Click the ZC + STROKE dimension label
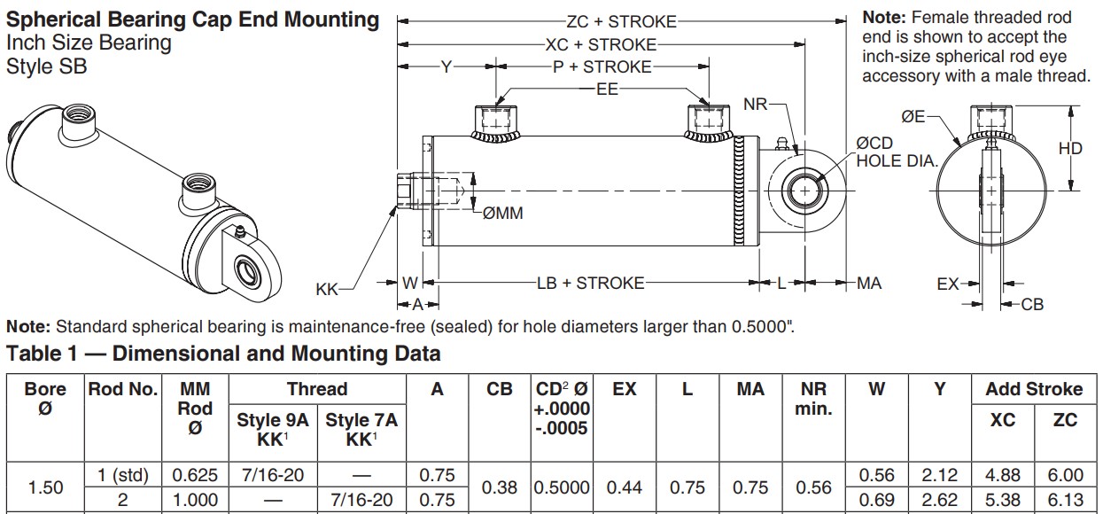621,21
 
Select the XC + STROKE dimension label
601,45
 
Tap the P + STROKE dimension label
602,67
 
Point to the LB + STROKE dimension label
590,283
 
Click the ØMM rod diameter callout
502,214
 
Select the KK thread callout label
327,290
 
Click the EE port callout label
607,90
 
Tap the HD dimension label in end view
1070,148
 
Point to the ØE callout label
913,117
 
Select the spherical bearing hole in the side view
804,191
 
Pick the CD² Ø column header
562,409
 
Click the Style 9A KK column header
273,430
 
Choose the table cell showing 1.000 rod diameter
196,500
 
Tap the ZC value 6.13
1066,500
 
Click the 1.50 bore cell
46,488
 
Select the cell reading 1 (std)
123,476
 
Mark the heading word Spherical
54,20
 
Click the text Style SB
47,66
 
